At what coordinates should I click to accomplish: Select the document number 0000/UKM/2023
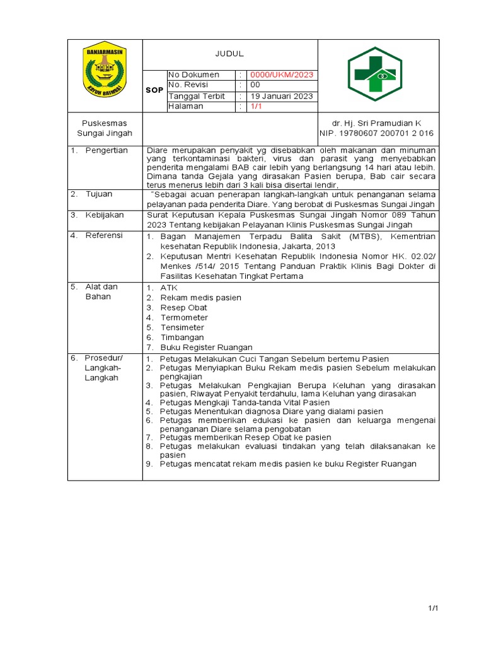(281, 74)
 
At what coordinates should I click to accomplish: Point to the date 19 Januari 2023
(280, 96)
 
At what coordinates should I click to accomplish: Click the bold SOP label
(154, 90)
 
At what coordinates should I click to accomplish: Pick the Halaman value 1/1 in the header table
(256, 107)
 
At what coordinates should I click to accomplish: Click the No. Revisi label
(188, 85)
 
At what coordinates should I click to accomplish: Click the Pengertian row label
(107, 150)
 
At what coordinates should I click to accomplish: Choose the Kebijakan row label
(105, 214)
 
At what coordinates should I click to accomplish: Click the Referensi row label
(105, 235)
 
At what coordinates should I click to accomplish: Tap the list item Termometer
(184, 317)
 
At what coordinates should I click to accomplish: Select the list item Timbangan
(182, 338)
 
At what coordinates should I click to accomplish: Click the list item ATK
(169, 288)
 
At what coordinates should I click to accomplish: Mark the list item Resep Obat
(183, 307)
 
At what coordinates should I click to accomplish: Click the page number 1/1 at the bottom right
(433, 608)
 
